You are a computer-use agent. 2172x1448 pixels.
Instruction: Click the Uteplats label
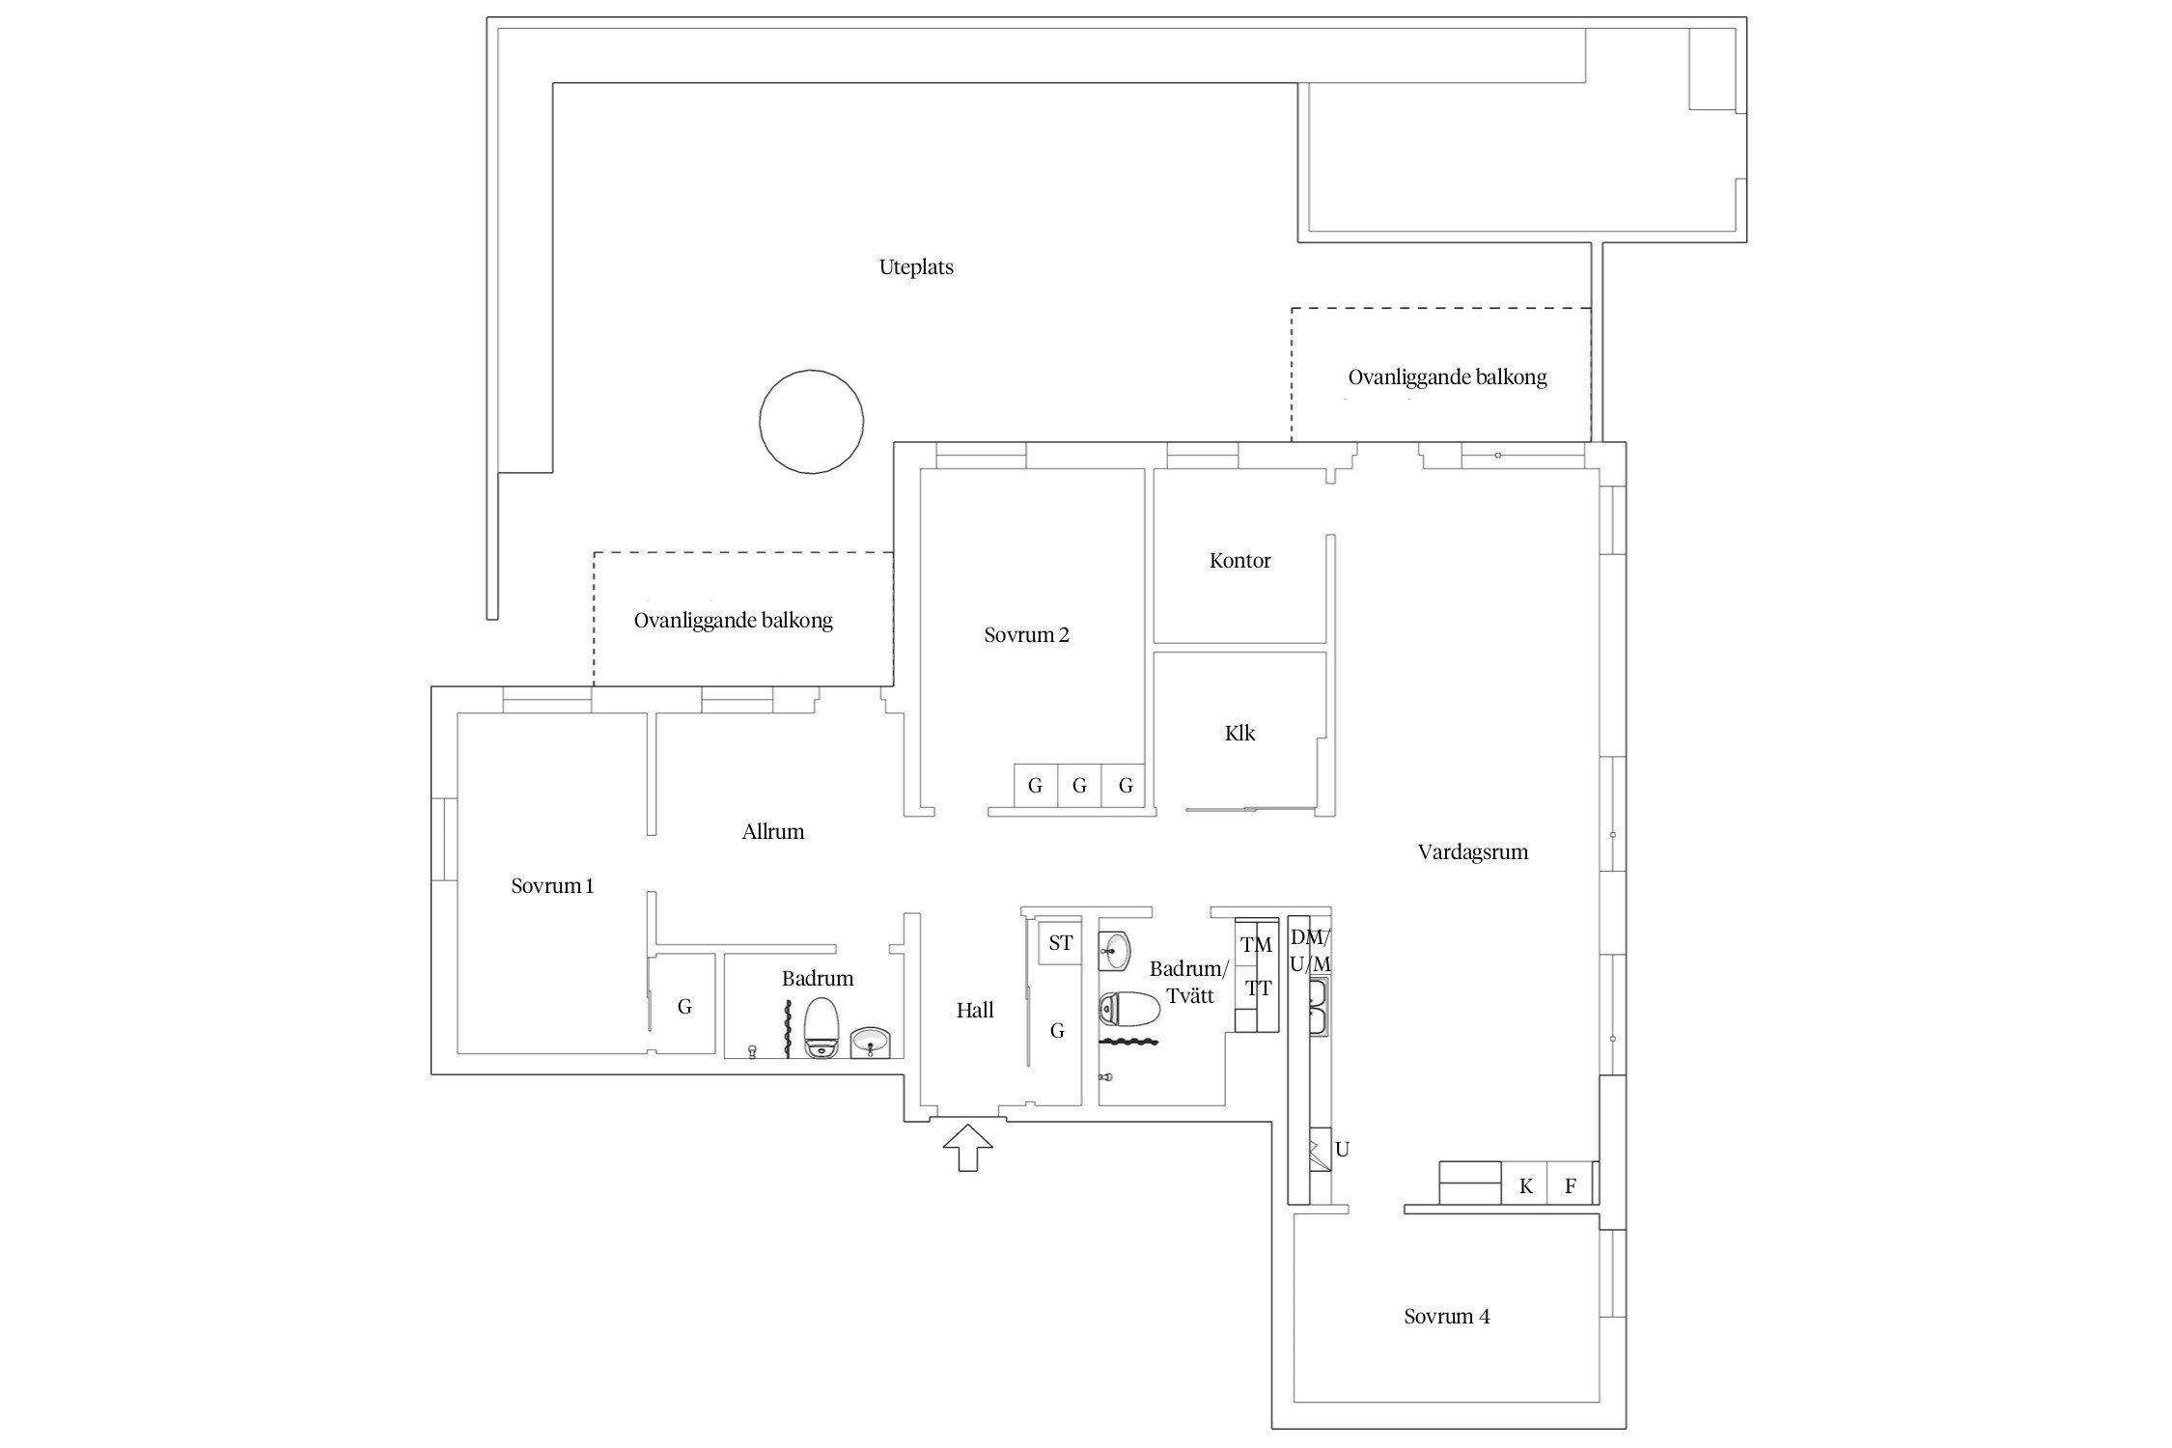point(916,267)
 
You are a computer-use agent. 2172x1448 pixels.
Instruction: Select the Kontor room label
point(1239,561)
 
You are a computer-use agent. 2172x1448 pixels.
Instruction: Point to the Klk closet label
point(1239,734)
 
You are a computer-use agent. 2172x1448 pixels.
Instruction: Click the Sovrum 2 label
point(1026,635)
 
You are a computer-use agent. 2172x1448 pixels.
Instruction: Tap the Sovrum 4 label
point(1446,1317)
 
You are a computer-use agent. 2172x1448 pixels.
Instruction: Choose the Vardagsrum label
point(1472,852)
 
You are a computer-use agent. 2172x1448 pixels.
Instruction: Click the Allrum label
point(772,832)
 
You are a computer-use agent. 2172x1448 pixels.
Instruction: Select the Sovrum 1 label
point(552,886)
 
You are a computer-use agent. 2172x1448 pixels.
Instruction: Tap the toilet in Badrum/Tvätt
point(1129,1010)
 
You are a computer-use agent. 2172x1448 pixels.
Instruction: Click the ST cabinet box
point(1060,943)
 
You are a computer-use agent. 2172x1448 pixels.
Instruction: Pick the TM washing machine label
point(1256,945)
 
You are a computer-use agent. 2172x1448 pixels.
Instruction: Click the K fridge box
point(1525,1183)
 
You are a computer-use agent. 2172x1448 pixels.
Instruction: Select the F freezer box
point(1571,1183)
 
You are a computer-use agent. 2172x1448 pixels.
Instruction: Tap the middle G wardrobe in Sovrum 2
point(1079,786)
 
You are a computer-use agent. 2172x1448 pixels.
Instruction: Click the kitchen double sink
point(1319,1006)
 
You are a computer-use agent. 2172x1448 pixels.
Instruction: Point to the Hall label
point(975,1011)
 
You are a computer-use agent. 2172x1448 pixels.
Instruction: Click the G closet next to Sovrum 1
point(684,1007)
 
